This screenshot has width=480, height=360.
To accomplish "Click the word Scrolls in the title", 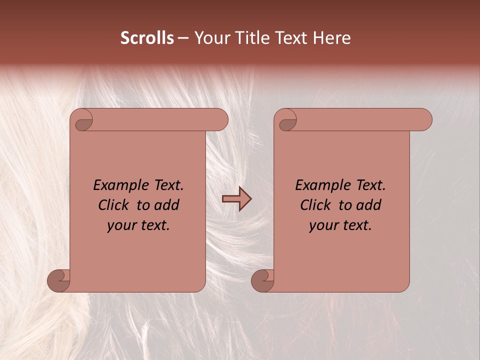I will tap(147, 38).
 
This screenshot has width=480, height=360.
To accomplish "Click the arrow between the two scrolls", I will tap(236, 199).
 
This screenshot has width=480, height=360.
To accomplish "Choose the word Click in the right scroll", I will tap(315, 205).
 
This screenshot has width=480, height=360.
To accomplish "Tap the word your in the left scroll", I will tap(120, 225).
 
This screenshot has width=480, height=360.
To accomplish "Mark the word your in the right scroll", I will tap(323, 225).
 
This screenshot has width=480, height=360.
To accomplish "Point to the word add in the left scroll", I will tap(166, 205).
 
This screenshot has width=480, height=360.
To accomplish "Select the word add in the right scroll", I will tap(368, 205).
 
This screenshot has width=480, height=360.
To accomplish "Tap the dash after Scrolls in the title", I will tap(183, 38).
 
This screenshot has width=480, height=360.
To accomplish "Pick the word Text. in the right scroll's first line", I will tap(370, 185).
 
